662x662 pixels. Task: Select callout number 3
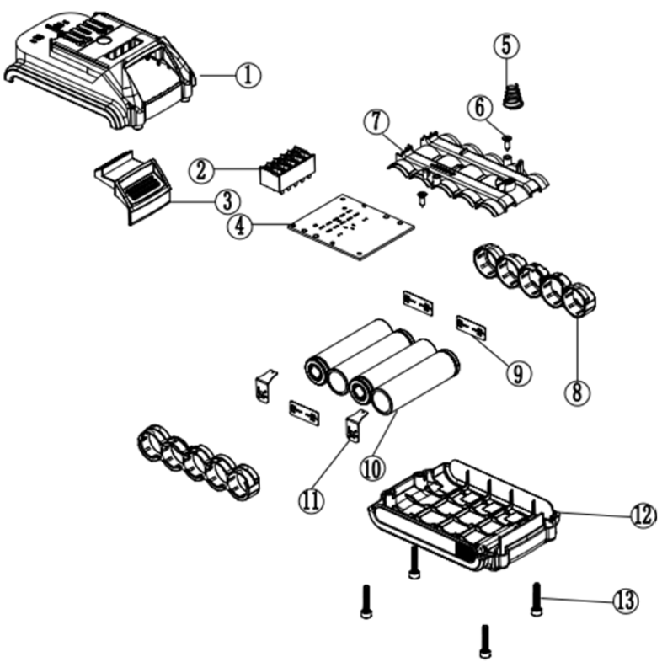[226, 201]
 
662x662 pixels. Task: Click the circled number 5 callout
[505, 46]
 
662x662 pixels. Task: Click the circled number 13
[624, 600]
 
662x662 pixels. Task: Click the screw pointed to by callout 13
[536, 598]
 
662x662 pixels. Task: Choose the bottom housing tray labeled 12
[463, 514]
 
